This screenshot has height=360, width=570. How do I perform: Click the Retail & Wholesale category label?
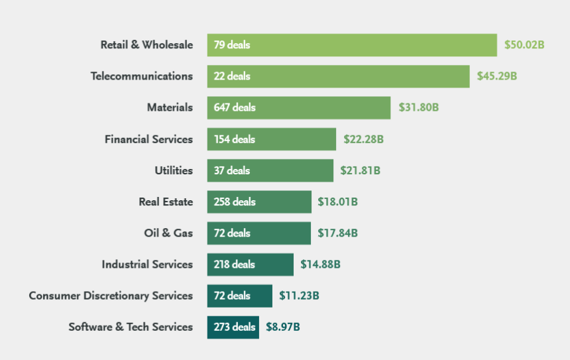click(x=146, y=45)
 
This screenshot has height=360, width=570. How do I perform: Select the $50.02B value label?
click(x=524, y=45)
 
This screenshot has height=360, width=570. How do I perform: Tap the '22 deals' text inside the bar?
click(x=232, y=76)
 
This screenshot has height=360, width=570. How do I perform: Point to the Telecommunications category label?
click(x=141, y=76)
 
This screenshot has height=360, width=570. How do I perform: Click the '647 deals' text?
click(x=235, y=107)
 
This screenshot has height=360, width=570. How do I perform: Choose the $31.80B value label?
click(x=418, y=107)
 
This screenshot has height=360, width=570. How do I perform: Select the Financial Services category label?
click(x=148, y=139)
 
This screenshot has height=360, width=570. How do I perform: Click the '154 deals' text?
click(x=235, y=139)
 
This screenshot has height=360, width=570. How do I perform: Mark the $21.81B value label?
click(x=360, y=170)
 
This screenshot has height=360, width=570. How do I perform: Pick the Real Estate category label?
click(x=166, y=202)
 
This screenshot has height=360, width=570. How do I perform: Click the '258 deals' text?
click(x=235, y=202)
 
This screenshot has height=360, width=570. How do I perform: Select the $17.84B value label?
click(x=337, y=233)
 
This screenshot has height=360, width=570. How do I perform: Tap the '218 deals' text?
click(x=234, y=264)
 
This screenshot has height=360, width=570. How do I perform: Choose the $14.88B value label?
click(x=320, y=264)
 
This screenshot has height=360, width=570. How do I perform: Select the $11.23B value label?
click(x=299, y=296)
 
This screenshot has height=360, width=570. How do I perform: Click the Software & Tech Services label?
click(x=131, y=327)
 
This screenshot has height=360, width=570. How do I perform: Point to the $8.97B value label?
click(x=283, y=327)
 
